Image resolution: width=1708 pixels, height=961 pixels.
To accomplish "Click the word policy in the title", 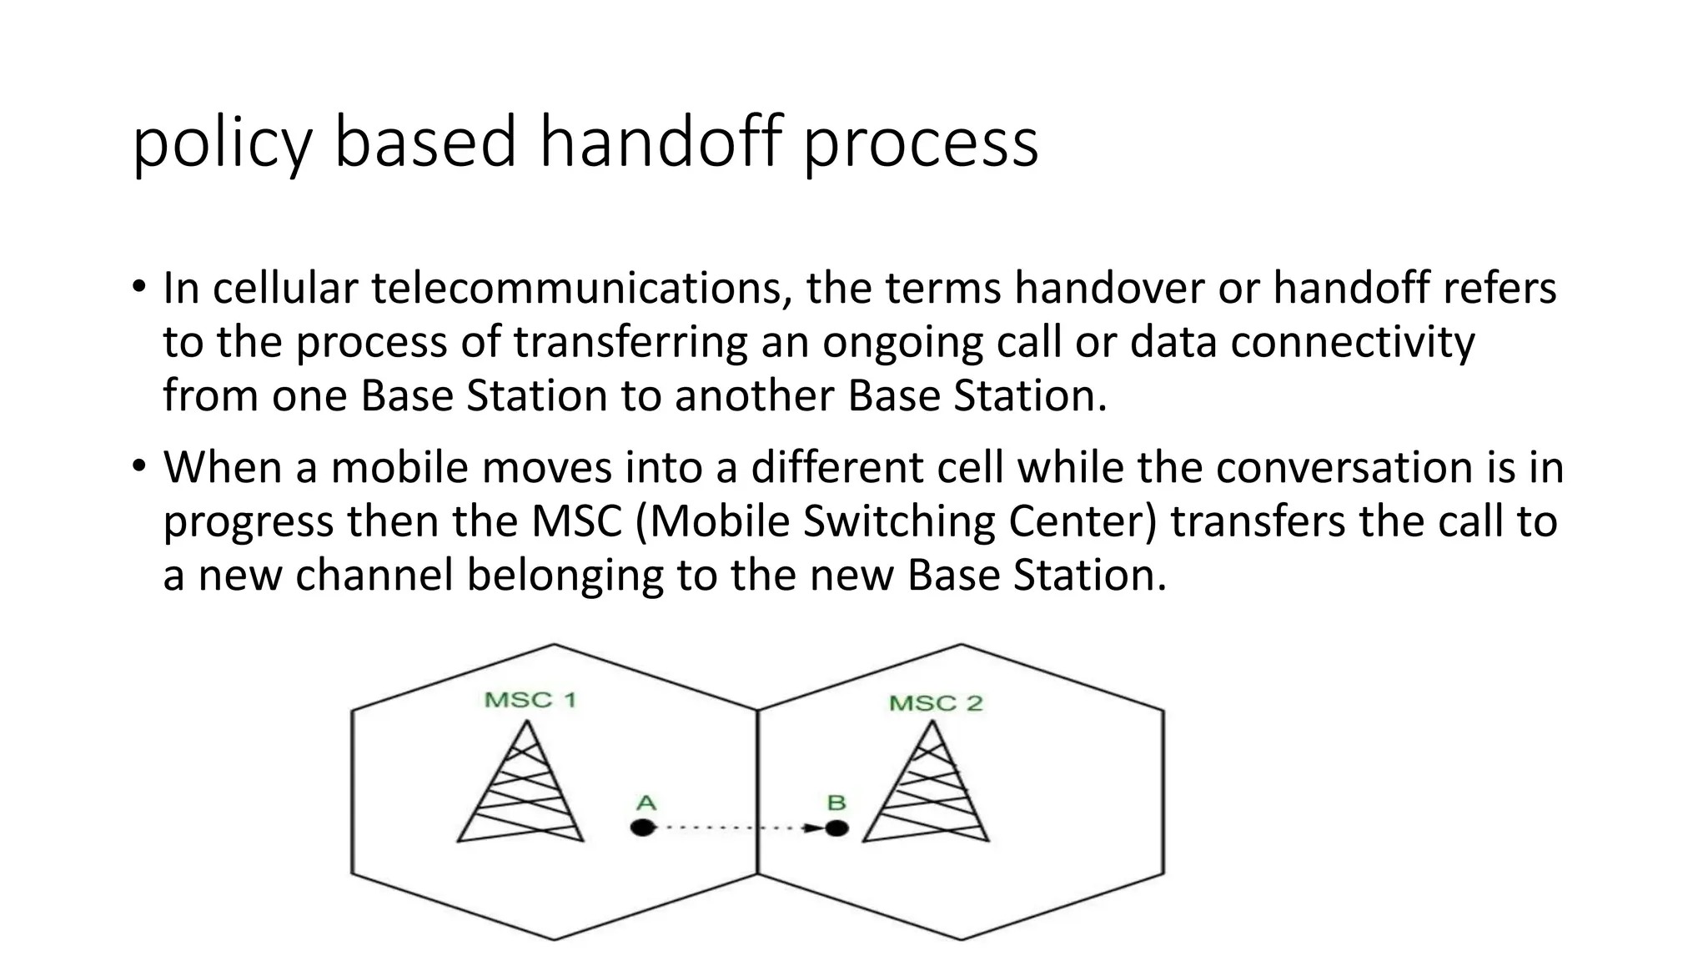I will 222,143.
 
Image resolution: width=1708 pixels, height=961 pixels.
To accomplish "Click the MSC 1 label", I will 530,699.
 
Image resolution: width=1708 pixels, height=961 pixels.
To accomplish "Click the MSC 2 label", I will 936,703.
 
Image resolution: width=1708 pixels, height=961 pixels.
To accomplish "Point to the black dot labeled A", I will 642,828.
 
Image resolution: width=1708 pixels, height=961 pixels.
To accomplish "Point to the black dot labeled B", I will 836,828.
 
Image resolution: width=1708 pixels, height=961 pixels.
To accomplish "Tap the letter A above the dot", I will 646,803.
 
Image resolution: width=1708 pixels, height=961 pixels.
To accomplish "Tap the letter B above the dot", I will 836,803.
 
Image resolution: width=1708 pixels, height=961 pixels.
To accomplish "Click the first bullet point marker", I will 138,287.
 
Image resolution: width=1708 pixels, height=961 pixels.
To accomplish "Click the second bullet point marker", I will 138,466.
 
